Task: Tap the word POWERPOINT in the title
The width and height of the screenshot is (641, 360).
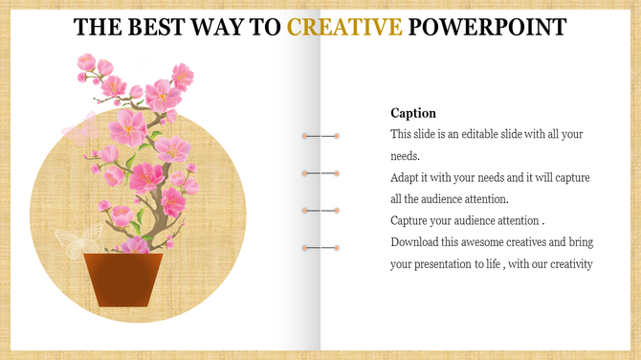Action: coord(487,26)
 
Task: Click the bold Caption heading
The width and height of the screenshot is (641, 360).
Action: coord(413,113)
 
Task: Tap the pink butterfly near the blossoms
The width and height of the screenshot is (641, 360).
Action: coord(78,128)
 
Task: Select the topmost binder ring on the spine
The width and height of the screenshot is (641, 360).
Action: coord(321,137)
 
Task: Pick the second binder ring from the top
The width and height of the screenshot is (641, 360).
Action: coord(321,173)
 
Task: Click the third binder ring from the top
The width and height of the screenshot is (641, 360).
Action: coord(321,210)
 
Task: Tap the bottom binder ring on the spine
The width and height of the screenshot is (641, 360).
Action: coord(321,248)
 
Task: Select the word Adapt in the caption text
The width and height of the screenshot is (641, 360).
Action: coord(407,178)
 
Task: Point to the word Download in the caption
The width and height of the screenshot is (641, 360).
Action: coord(417,243)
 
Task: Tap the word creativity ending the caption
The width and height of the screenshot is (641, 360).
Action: coord(569,265)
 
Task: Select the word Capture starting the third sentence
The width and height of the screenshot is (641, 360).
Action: coord(411,221)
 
